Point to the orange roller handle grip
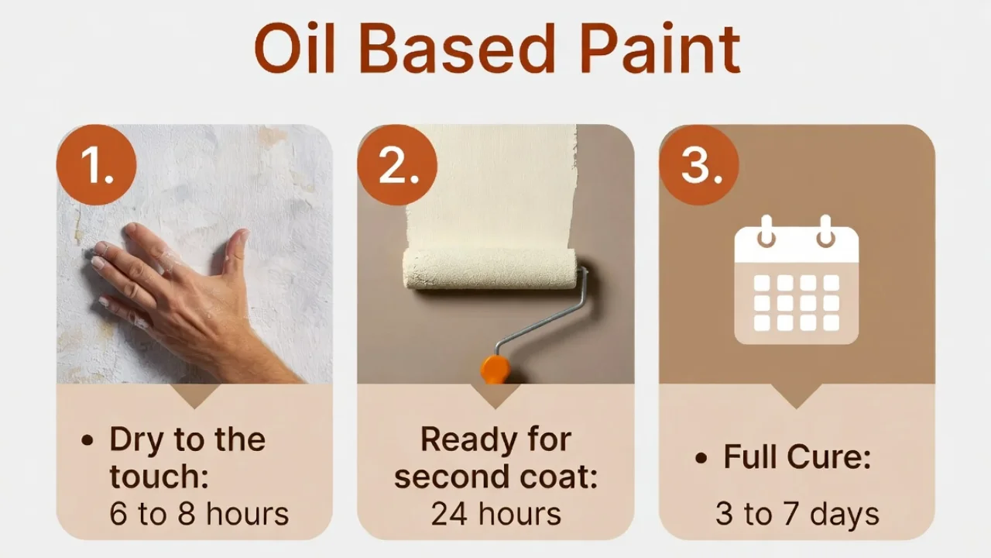494,370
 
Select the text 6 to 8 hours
199,514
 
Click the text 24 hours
495,514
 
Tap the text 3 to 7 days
797,514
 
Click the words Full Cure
797,457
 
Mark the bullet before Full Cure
701,458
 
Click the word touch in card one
159,477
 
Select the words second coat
495,477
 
